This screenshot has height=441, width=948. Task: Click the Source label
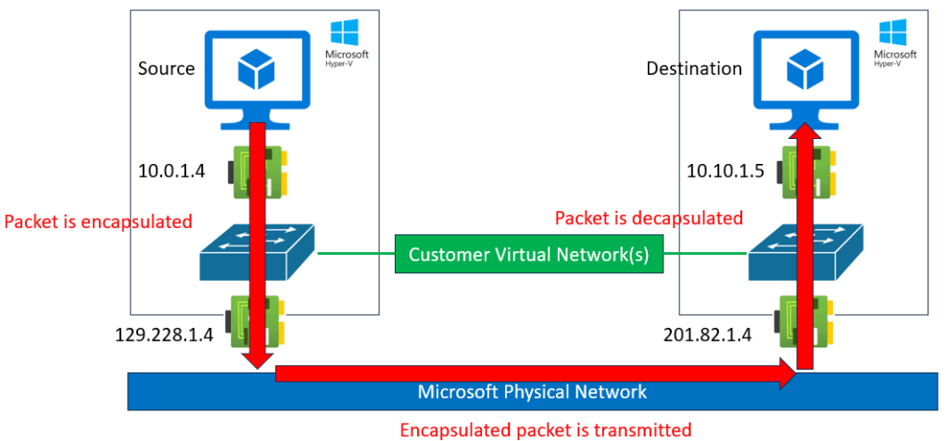(167, 69)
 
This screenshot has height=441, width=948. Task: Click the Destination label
(694, 69)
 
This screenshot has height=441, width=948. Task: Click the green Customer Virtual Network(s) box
(529, 255)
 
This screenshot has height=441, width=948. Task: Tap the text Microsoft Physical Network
(532, 392)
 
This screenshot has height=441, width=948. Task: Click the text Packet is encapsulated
(98, 222)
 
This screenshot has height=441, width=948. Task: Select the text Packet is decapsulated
(649, 219)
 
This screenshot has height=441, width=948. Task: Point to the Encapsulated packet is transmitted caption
(545, 430)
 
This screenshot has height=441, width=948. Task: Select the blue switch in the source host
(258, 253)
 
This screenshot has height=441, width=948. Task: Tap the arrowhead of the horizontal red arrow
(787, 374)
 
